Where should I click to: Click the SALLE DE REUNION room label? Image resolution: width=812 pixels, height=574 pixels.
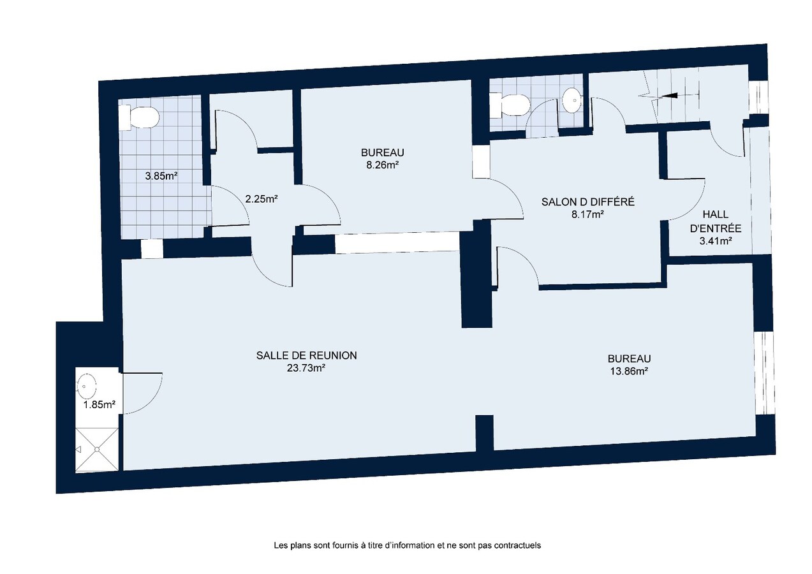point(306,355)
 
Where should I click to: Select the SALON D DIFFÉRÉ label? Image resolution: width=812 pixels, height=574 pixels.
point(587,202)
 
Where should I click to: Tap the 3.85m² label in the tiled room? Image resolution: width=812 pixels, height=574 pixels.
point(161,176)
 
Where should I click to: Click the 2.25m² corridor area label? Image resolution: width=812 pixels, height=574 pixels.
point(261,198)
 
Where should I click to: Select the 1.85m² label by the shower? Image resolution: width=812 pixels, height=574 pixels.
point(98,404)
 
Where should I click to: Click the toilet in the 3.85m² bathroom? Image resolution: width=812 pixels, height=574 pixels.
point(140,118)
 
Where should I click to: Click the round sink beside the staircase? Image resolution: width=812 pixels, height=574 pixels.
point(572,99)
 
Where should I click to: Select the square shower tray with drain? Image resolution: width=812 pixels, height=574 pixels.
point(97,450)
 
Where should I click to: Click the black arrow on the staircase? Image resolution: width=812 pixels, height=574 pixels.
point(670,96)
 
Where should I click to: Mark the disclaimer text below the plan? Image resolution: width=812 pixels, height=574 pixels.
point(407,546)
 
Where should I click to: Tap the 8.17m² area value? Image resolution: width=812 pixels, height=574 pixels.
point(587,214)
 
